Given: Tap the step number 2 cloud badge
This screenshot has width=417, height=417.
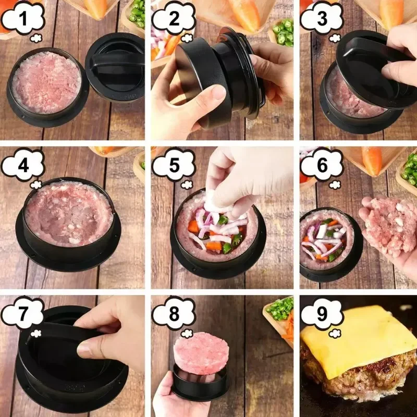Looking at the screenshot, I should click(173, 19).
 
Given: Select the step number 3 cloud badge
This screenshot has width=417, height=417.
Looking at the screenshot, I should click(322, 19).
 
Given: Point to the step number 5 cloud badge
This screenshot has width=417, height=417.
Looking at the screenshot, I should click(173, 166).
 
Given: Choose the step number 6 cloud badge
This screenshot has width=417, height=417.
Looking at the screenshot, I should click(322, 166).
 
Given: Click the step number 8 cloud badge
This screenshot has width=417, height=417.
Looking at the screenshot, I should click(173, 314).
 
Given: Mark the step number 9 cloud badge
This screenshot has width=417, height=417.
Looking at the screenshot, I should click(322, 314).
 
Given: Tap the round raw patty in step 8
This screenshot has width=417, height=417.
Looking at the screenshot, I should click(202, 353).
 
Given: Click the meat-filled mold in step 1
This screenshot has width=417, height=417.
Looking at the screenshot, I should click(47, 83).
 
